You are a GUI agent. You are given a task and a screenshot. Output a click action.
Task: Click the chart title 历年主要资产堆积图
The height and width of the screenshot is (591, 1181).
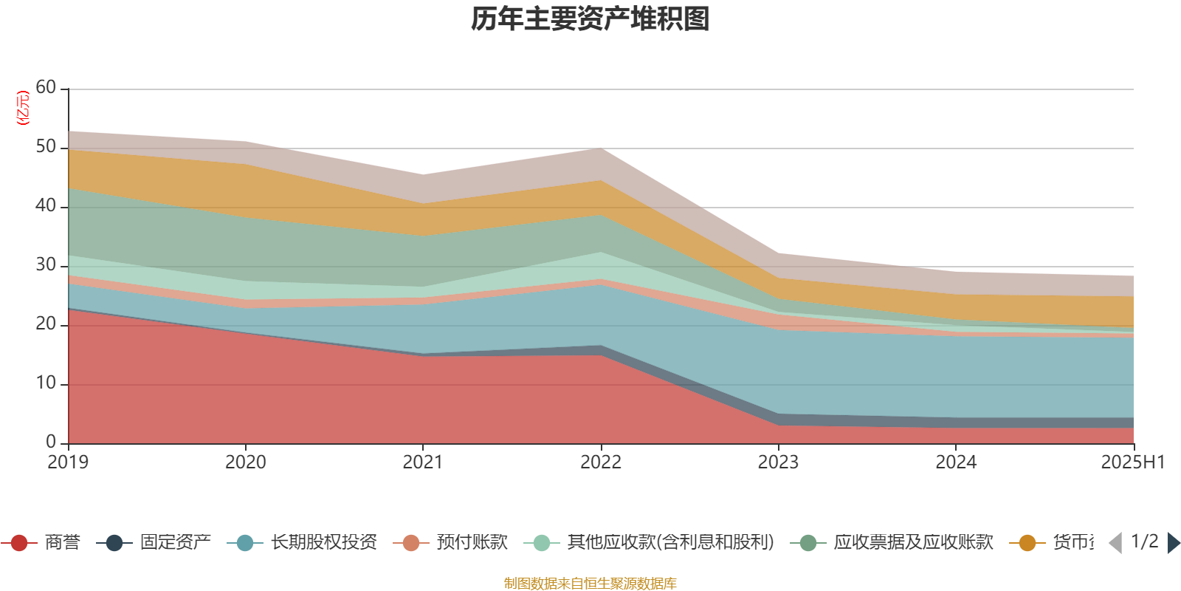pos(590,19)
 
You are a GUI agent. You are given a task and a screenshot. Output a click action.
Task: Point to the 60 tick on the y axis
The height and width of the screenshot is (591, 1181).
pos(46,88)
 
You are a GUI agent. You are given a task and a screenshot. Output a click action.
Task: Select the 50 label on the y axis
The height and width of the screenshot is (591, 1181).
pos(46,147)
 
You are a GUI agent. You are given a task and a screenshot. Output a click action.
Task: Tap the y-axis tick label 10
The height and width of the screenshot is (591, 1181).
pos(46,383)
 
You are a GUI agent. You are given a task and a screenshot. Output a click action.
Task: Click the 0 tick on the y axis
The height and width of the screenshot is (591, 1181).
pos(51,443)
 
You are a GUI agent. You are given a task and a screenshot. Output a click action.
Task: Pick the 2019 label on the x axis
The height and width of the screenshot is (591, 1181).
pos(68,462)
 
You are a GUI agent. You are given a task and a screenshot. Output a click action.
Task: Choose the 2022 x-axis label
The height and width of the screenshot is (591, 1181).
pos(601,462)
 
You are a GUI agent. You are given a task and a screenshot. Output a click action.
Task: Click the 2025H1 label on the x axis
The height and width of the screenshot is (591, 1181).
pos(1132,462)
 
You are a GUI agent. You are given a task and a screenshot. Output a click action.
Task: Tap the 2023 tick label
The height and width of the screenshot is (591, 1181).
pos(778,462)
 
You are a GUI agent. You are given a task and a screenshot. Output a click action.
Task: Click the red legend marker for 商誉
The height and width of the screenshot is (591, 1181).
pos(19,543)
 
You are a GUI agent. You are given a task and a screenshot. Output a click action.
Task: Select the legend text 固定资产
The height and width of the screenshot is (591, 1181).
pos(176,543)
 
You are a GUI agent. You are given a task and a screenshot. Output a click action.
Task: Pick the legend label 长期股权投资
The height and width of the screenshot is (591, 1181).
pos(324,543)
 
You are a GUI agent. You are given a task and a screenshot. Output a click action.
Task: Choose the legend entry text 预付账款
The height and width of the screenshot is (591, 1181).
pos(472,543)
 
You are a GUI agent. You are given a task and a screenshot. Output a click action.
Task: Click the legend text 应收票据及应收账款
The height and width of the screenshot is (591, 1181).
pos(913,543)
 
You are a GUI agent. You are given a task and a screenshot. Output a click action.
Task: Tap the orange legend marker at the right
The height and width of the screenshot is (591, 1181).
pos(1027,543)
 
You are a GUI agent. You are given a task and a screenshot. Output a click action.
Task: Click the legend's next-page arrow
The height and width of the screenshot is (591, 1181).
pos(1174,543)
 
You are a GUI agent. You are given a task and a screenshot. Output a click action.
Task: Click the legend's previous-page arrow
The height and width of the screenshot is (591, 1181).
pos(1115,543)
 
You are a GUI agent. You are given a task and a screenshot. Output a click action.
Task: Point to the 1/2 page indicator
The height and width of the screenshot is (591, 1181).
pos(1144,542)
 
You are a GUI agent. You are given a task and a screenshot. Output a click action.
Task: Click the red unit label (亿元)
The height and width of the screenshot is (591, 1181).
pos(23,108)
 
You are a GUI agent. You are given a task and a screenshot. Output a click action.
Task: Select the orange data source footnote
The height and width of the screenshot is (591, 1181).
pos(590,584)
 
